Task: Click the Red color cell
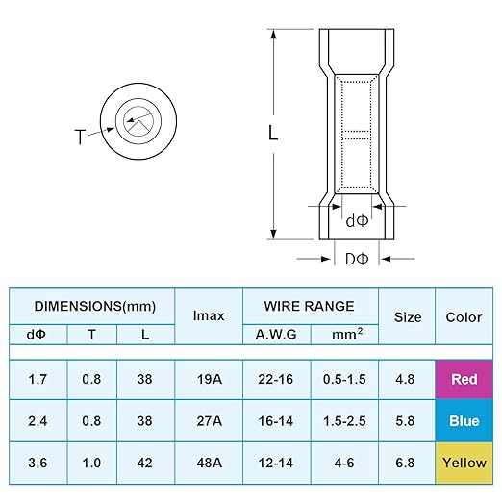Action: pyautogui.click(x=464, y=379)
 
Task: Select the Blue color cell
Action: pyautogui.click(x=464, y=421)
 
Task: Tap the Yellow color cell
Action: pyautogui.click(x=464, y=463)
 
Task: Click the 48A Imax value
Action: pyautogui.click(x=209, y=463)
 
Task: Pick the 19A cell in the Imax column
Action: pyautogui.click(x=209, y=379)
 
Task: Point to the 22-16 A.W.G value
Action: pyautogui.click(x=276, y=379)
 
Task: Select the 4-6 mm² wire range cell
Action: pyautogui.click(x=344, y=463)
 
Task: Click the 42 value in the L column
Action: pyautogui.click(x=144, y=463)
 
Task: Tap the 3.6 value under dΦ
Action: pyautogui.click(x=38, y=463)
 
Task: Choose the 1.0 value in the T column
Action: pyautogui.click(x=91, y=463)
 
